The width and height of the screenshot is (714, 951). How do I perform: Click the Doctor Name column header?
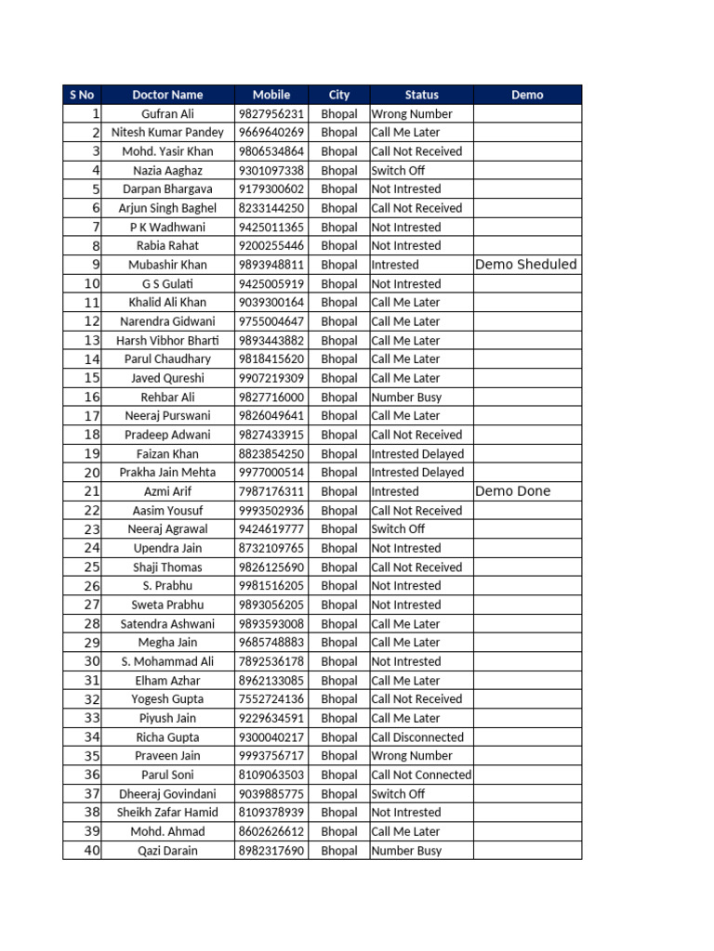(x=167, y=95)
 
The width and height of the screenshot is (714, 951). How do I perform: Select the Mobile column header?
(x=271, y=95)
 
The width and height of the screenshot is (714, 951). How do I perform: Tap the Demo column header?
(x=527, y=95)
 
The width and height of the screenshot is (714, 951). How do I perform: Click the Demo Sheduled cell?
(x=525, y=265)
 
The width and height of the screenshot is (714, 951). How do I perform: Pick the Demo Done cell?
(x=512, y=491)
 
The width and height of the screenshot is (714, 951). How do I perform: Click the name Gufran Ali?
(x=167, y=114)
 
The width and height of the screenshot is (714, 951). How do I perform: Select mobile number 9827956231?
(x=271, y=114)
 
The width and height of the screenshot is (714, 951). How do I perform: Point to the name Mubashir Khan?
(x=167, y=265)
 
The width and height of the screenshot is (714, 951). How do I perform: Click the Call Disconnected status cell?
(x=416, y=737)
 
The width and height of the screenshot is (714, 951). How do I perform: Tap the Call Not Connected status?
(x=421, y=775)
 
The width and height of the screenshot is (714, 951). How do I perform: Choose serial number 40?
(x=91, y=850)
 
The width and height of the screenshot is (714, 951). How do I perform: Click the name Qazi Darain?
(x=167, y=851)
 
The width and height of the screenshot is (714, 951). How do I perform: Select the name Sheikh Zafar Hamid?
(x=167, y=813)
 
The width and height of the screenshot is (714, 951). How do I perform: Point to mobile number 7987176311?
(x=271, y=491)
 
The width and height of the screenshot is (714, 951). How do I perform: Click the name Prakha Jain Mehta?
(x=167, y=473)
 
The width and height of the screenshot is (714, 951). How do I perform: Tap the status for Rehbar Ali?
(x=406, y=397)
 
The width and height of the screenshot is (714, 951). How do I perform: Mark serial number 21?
(x=91, y=491)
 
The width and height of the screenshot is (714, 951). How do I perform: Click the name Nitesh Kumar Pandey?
(x=167, y=133)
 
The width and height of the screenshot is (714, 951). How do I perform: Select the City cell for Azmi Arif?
(x=338, y=491)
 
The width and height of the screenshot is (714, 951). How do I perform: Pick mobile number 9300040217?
(x=271, y=737)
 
